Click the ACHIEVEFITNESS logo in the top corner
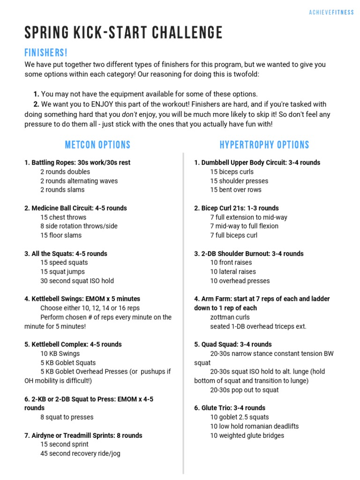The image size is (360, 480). click(x=331, y=13)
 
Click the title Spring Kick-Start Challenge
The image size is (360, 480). click(x=124, y=33)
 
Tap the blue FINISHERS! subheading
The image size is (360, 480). click(x=46, y=53)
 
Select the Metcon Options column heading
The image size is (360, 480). click(x=97, y=145)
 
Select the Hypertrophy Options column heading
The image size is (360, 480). click(x=264, y=145)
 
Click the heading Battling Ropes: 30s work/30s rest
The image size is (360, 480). click(x=77, y=163)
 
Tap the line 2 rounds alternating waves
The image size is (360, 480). click(x=79, y=181)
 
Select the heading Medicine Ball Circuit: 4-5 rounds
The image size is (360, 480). click(x=75, y=208)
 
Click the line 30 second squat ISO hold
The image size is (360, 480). click(x=77, y=281)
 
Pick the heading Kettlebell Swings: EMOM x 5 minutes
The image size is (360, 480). click(x=82, y=299)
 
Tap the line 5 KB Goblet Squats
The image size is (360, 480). click(x=68, y=363)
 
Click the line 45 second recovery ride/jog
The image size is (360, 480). click(x=80, y=454)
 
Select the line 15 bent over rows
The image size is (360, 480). click(x=236, y=190)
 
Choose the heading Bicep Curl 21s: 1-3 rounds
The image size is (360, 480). click(x=236, y=208)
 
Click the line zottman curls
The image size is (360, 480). click(x=230, y=317)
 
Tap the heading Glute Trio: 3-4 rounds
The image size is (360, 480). click(x=230, y=408)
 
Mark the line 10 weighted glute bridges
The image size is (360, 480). click(x=247, y=435)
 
